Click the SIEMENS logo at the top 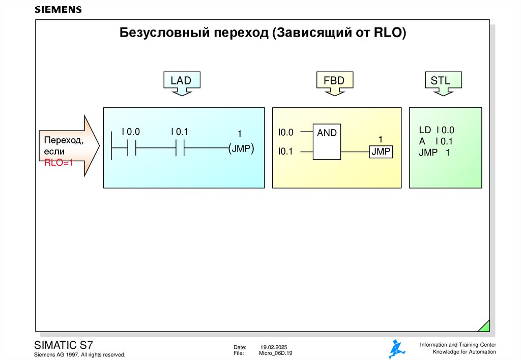pos(58,10)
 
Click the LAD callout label pos(181,80)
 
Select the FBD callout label pos(334,80)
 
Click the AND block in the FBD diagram pos(327,142)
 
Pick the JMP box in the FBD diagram pos(381,152)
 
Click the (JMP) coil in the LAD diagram pos(241,148)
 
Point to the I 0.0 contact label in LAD pos(130,132)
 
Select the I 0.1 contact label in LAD pos(180,132)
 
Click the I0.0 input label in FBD pos(286,133)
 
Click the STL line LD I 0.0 pos(437,130)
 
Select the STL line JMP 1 pos(434,152)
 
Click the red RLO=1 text pos(59,163)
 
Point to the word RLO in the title pos(388,34)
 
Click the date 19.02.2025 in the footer pos(274,347)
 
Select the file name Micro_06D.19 pos(276,353)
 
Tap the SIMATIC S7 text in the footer pos(63,344)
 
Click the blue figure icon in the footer pos(396,349)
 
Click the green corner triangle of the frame pos(485,326)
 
